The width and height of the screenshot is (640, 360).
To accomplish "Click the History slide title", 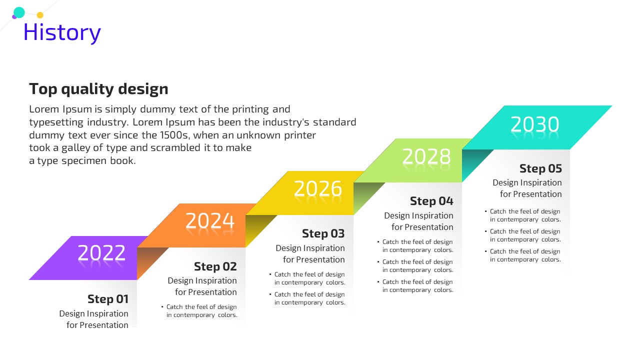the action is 62,33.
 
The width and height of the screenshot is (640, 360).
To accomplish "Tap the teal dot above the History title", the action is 19,12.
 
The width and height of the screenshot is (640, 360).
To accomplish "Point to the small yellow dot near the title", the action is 40,15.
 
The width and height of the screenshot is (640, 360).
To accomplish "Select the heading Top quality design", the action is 98,89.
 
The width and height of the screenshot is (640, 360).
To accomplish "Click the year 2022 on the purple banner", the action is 101,253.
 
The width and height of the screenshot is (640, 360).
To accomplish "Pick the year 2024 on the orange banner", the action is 210,220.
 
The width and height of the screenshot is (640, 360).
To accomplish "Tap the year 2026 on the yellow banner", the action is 317,188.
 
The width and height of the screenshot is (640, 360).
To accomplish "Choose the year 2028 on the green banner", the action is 426,156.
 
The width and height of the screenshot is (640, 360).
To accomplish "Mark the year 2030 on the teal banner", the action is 534,124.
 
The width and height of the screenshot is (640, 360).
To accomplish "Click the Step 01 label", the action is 108,299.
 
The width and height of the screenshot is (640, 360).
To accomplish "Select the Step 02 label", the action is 215,266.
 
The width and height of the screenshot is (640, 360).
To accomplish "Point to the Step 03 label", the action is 323,233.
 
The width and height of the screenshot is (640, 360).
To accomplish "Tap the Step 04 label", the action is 431,201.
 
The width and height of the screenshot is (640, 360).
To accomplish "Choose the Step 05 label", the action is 540,168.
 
